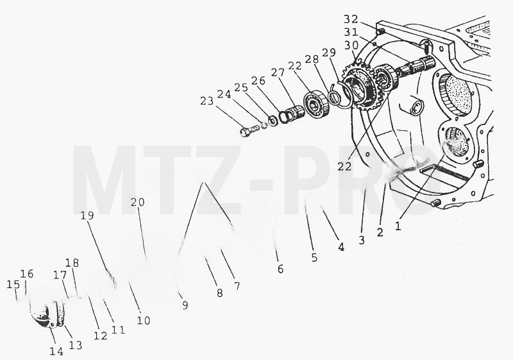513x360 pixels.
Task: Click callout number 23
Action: [x=207, y=101]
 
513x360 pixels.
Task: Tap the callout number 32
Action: [x=351, y=19]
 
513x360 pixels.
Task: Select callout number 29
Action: [x=329, y=53]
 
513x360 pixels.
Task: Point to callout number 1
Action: [x=398, y=225]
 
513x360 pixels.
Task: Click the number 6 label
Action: [x=280, y=269]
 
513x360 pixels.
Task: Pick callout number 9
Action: [x=185, y=305]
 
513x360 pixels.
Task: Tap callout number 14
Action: [x=56, y=351]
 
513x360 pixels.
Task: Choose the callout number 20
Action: [x=138, y=202]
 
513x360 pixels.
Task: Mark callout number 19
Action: [x=87, y=216]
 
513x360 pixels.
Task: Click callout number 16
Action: [x=27, y=273]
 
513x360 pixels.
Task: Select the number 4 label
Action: [x=341, y=247]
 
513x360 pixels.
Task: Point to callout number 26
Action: [x=258, y=80]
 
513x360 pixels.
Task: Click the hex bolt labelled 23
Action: [x=249, y=131]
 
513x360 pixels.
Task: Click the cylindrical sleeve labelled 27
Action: [x=296, y=112]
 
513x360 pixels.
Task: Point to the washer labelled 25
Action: [x=272, y=121]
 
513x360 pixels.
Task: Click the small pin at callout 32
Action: [x=381, y=31]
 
